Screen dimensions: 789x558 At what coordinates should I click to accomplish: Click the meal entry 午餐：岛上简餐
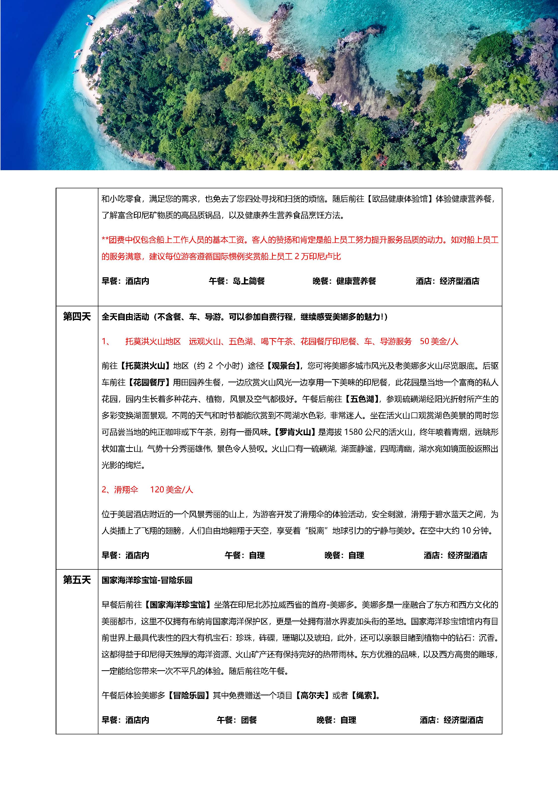pyautogui.click(x=237, y=281)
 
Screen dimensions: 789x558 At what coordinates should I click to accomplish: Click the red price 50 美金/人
pyautogui.click(x=439, y=341)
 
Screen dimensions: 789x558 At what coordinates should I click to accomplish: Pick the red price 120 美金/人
pyautogui.click(x=171, y=489)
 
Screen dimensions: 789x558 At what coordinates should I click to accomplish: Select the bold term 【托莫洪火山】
pyautogui.click(x=145, y=366)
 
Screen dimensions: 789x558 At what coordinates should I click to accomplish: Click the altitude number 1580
pyautogui.click(x=354, y=432)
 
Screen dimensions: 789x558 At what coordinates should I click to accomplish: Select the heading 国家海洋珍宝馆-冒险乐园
pyautogui.click(x=147, y=580)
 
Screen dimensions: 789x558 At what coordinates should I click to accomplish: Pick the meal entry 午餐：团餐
pyautogui.click(x=237, y=720)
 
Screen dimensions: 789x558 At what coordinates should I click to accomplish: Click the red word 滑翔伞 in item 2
pyautogui.click(x=126, y=489)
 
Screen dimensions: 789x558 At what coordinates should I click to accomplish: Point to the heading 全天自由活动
pyautogui.click(x=125, y=316)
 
